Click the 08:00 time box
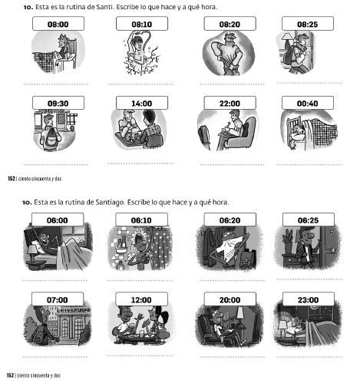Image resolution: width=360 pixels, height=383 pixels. (58, 24)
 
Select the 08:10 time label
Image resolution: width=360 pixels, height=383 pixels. (142, 25)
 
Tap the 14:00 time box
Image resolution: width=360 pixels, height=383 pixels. (142, 103)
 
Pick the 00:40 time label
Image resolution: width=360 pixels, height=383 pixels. (308, 104)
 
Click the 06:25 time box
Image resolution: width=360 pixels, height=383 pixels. (309, 220)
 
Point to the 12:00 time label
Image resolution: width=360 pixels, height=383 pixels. (141, 299)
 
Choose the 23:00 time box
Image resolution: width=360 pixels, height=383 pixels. (309, 299)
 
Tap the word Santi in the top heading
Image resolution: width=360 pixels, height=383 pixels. (104, 7)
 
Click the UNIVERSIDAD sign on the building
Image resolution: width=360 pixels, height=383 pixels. (74, 310)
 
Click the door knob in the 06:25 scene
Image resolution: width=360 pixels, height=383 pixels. (332, 250)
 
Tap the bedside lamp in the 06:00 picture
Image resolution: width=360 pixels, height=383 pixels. (31, 253)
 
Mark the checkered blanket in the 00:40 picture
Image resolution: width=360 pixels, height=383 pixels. (325, 131)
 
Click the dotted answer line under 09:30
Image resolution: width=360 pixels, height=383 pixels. (56, 165)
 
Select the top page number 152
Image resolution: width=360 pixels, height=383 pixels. (12, 179)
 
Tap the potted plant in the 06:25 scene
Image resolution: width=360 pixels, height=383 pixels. (288, 243)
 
